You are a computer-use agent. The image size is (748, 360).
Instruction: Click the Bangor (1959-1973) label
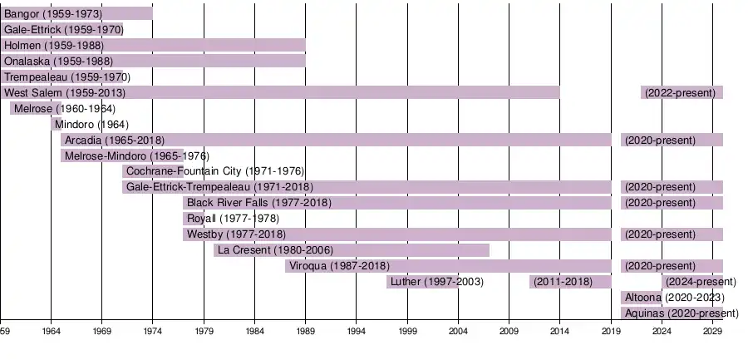(x=53, y=14)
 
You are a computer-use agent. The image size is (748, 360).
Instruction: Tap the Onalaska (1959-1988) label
(x=58, y=61)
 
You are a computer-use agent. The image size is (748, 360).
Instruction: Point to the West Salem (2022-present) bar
(x=682, y=92)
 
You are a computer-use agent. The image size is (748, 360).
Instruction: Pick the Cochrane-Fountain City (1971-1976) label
(x=209, y=171)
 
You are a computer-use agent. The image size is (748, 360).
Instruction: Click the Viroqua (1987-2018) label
(x=345, y=266)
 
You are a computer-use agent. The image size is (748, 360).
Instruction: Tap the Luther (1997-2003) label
(x=436, y=282)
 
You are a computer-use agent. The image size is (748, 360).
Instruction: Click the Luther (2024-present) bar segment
(x=692, y=282)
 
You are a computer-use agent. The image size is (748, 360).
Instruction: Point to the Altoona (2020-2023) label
(x=673, y=297)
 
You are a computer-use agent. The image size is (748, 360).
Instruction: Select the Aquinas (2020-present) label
(x=681, y=313)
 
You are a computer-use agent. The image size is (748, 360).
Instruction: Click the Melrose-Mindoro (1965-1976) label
(x=136, y=155)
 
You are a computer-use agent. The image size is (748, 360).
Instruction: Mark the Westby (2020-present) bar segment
(x=672, y=234)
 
